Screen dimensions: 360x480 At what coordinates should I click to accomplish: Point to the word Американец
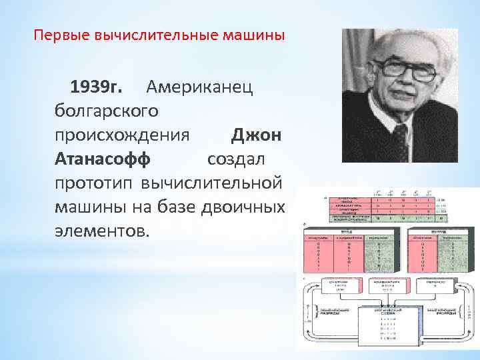(x=199, y=87)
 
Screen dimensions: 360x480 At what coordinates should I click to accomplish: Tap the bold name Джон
(x=256, y=135)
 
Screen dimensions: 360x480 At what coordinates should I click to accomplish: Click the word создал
(x=236, y=159)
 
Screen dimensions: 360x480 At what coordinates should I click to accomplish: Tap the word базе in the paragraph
(x=176, y=207)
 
